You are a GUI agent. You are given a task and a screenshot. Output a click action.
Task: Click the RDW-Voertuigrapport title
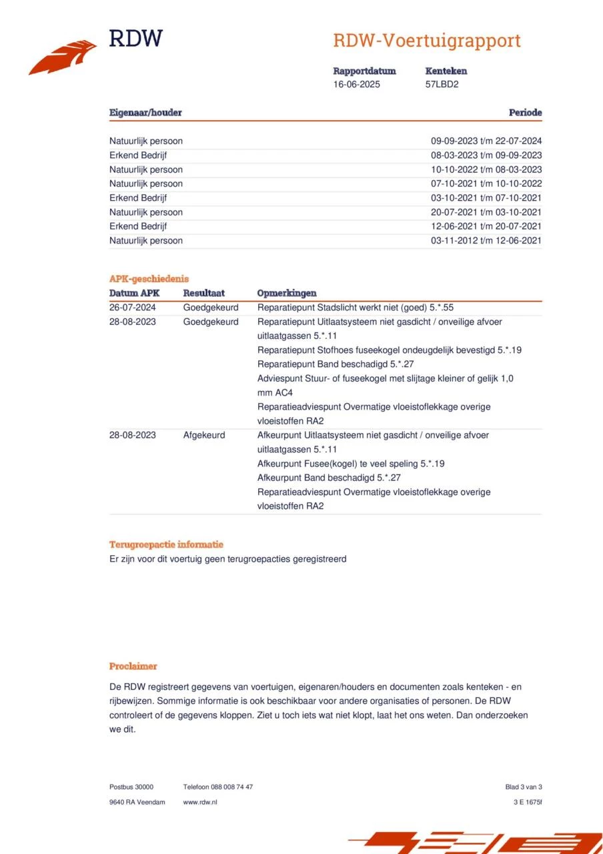[x=426, y=41]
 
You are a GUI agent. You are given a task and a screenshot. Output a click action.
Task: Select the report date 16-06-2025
[x=357, y=85]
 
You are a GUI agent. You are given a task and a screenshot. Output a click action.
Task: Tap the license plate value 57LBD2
[x=442, y=85]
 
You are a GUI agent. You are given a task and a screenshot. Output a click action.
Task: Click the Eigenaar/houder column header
[x=145, y=113]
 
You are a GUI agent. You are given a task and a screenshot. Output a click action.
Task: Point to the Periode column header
[x=525, y=113]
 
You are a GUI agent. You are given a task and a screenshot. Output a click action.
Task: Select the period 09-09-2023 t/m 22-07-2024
[x=486, y=141]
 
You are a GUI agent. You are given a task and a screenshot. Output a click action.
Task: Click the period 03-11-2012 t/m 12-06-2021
[x=486, y=241]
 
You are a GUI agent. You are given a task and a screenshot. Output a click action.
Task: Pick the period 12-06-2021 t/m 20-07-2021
[x=486, y=227]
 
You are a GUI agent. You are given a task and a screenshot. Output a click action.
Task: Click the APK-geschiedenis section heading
[x=149, y=279]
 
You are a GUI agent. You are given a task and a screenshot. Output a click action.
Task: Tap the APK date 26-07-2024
[x=133, y=308]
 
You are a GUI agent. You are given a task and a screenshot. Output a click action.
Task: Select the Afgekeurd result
[x=204, y=435]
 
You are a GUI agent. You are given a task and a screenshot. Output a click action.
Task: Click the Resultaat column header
[x=204, y=293]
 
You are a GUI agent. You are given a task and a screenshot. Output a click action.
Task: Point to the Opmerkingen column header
[x=287, y=293]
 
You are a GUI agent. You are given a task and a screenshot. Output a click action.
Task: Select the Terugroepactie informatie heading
[x=166, y=544]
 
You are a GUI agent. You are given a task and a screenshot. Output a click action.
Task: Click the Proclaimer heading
[x=133, y=666]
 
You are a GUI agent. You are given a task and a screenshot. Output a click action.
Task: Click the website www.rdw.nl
[x=200, y=802]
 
